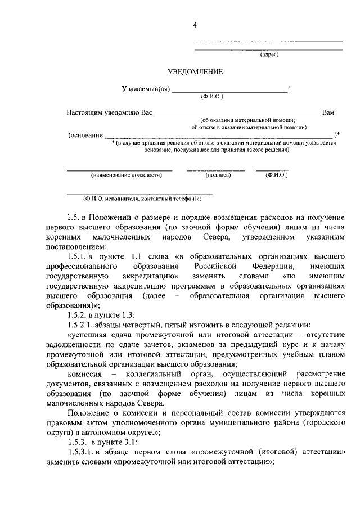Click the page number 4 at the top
(195, 25)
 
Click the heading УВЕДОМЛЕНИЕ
(195, 71)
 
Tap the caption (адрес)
(269, 55)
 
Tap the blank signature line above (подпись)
(216, 169)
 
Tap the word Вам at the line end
(328, 112)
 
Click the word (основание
(85, 135)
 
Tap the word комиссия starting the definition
(84, 375)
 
